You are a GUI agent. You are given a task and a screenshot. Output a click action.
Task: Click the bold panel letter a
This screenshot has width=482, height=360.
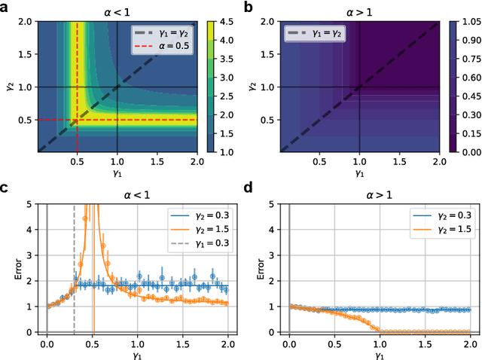tap(5, 7)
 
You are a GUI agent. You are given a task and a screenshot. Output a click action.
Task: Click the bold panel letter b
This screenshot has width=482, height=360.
tap(249, 7)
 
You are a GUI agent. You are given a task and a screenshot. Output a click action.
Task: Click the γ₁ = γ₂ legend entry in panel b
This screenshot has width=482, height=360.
tap(314, 34)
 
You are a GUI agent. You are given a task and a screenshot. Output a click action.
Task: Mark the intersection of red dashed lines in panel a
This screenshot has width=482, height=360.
tap(78, 120)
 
